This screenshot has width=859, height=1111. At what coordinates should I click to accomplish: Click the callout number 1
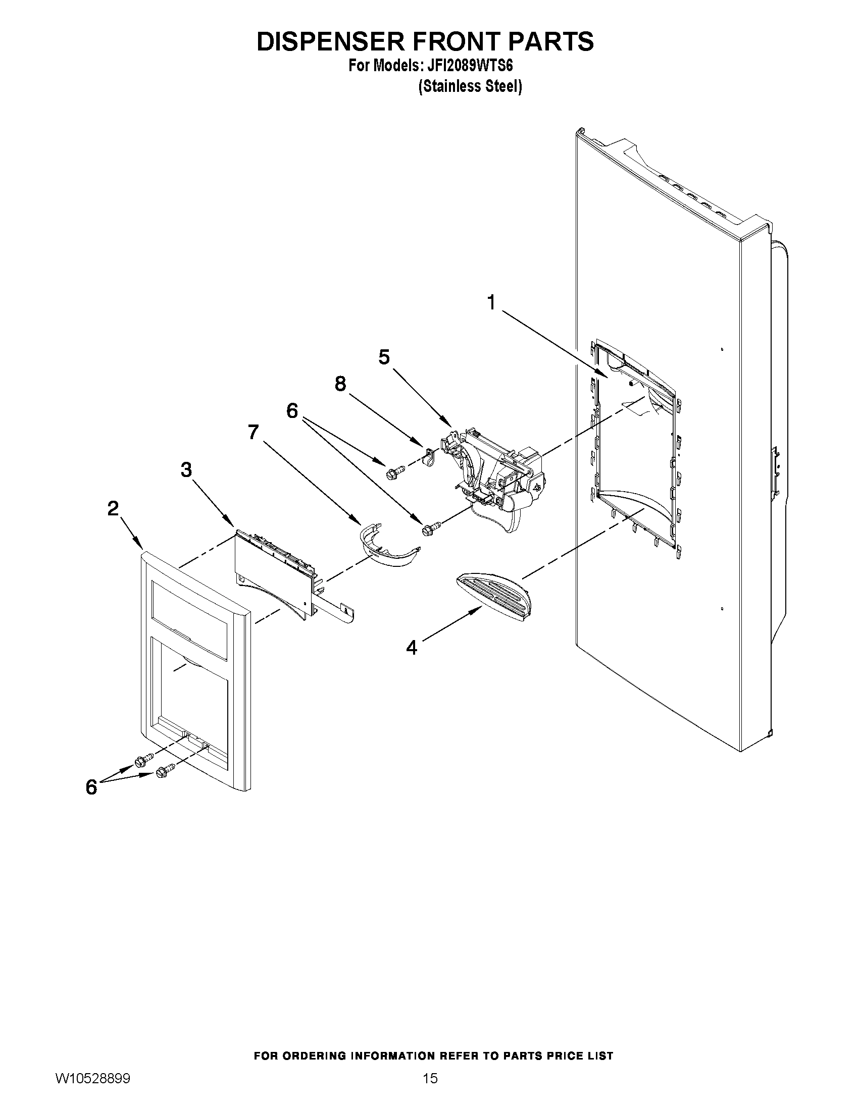(x=491, y=303)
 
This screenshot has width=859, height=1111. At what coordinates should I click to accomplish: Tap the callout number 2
(x=113, y=508)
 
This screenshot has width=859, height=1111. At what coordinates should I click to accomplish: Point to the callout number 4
(x=412, y=648)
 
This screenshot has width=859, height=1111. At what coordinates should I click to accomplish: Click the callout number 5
(x=384, y=357)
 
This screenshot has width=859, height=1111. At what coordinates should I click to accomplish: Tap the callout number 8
(x=340, y=384)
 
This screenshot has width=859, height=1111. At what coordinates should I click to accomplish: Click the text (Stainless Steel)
(x=470, y=86)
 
